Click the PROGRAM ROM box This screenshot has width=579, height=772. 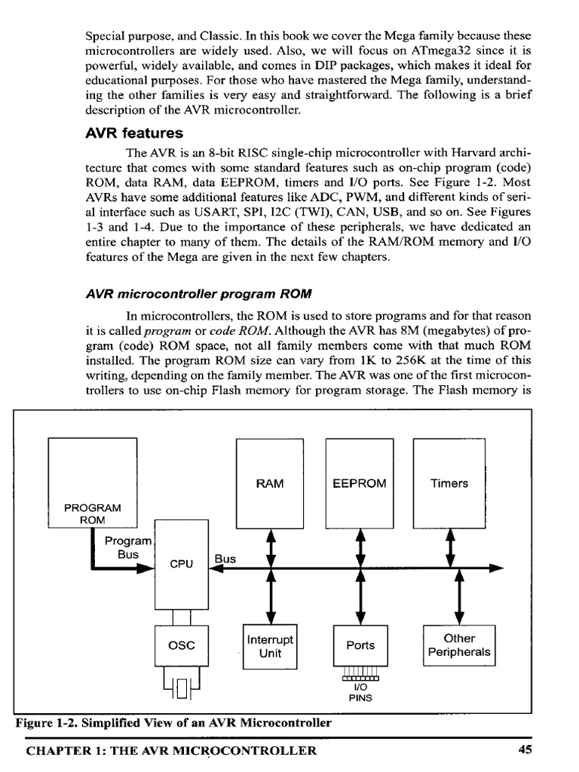92,482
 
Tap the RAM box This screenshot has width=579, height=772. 270,483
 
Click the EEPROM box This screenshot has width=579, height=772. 360,483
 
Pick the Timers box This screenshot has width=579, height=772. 449,483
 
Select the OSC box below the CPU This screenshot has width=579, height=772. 181,645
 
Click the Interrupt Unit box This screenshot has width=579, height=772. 270,646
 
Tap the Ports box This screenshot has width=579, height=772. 360,646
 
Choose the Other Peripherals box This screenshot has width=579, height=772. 459,645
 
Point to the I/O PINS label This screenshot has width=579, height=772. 360,692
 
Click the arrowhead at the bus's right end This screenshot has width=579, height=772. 497,568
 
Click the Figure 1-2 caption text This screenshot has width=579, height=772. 173,723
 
